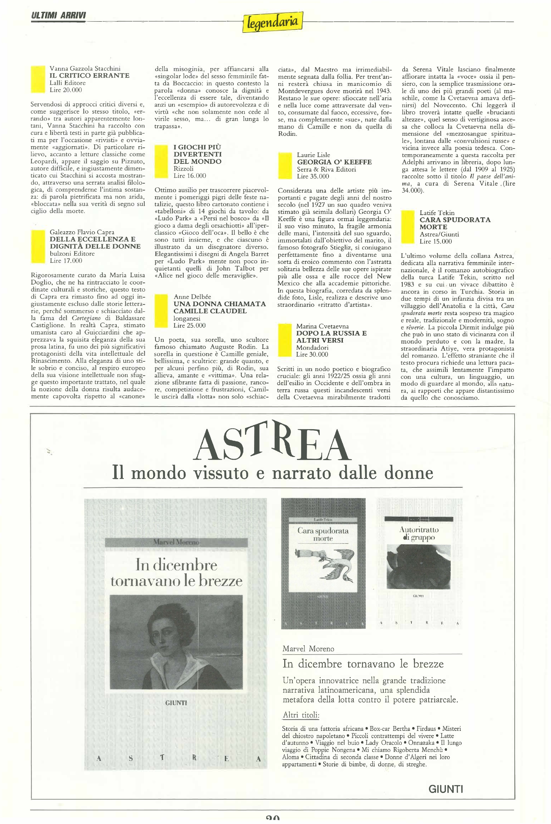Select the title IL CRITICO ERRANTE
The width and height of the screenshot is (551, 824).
click(x=89, y=75)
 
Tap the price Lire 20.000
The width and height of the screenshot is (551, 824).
click(x=66, y=90)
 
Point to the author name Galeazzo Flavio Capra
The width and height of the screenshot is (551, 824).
click(x=82, y=232)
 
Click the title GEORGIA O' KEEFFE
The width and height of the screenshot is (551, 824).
click(x=334, y=162)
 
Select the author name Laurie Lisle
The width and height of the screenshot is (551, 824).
click(x=314, y=155)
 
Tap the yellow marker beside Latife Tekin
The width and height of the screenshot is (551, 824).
click(x=408, y=227)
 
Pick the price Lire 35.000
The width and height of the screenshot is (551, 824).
click(x=313, y=176)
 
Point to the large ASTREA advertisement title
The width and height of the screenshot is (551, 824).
click(x=272, y=442)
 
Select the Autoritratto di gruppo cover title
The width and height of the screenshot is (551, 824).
click(x=419, y=533)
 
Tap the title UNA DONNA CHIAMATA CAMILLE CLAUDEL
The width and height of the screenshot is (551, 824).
click(x=219, y=307)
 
